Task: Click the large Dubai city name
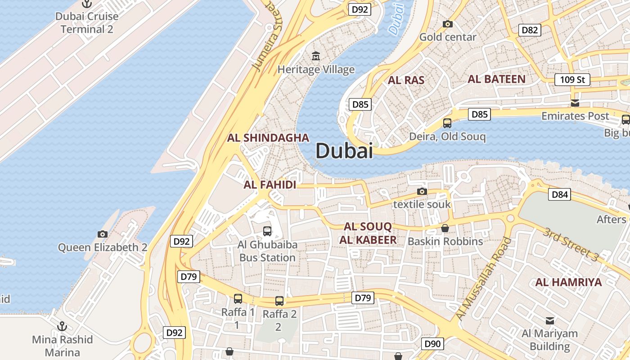click(344, 151)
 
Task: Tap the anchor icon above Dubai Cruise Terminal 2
click(87, 4)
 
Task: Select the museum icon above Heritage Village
click(316, 57)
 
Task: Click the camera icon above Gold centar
click(447, 24)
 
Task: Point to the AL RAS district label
click(406, 81)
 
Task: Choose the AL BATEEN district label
click(496, 79)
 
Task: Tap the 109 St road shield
click(572, 80)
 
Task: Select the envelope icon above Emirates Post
click(575, 103)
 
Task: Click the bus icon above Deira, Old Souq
click(447, 123)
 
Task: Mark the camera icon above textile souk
click(422, 192)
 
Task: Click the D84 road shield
click(560, 195)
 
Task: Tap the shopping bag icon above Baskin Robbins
click(445, 228)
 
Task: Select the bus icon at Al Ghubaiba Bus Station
click(267, 231)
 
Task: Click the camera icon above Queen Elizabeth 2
click(103, 234)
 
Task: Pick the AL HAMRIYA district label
click(568, 283)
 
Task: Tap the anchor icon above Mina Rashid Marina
click(62, 326)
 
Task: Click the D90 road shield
click(432, 344)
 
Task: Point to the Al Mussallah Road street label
click(484, 279)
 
